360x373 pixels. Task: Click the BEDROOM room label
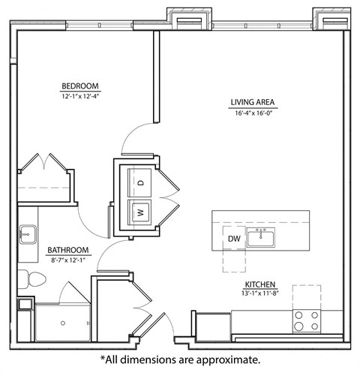(80, 86)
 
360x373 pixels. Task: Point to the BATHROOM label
(69, 250)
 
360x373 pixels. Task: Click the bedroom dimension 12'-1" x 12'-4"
(80, 97)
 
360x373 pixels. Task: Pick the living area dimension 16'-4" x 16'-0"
(253, 113)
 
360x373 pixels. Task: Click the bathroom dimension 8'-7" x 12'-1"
(69, 260)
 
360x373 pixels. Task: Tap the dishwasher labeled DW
(235, 239)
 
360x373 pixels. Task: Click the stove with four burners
(307, 321)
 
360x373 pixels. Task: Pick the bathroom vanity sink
(27, 234)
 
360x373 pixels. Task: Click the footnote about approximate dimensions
(180, 360)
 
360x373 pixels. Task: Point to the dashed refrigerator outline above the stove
(307, 296)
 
